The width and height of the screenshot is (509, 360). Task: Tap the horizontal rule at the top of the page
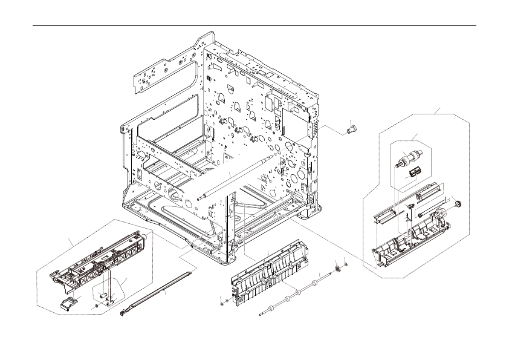pyautogui.click(x=254, y=26)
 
